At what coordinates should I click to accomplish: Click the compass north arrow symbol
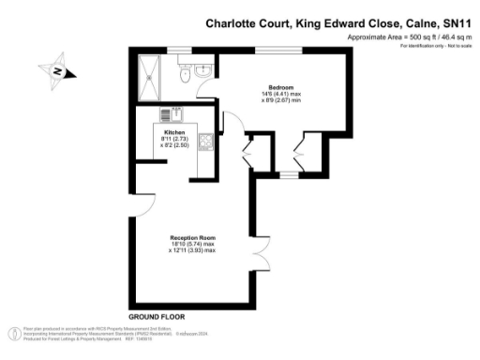[x=57, y=71]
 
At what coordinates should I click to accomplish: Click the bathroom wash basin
[x=205, y=69]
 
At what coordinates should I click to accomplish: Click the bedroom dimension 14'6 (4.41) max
[x=273, y=94]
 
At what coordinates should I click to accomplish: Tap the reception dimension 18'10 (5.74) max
[x=191, y=245]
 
